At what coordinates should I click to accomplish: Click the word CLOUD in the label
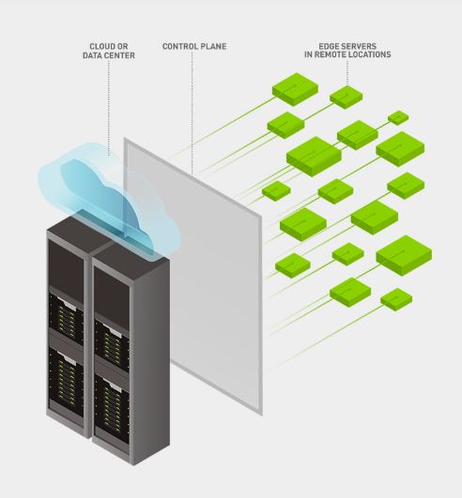100,45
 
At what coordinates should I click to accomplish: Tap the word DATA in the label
93,55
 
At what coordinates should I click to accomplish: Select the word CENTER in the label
119,55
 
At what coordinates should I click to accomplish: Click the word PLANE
213,45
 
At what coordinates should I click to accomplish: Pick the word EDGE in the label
328,45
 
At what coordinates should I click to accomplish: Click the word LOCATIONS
373,55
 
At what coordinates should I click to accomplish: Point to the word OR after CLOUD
124,45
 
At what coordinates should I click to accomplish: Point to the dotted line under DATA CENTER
109,103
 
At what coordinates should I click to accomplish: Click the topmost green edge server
295,89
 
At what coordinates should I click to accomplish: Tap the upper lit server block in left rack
65,314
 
